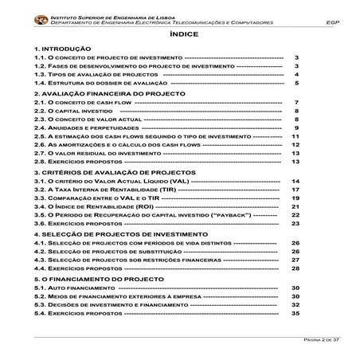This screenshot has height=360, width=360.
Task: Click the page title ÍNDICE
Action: pos(179,36)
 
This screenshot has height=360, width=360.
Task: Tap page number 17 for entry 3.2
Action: pos(295,190)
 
